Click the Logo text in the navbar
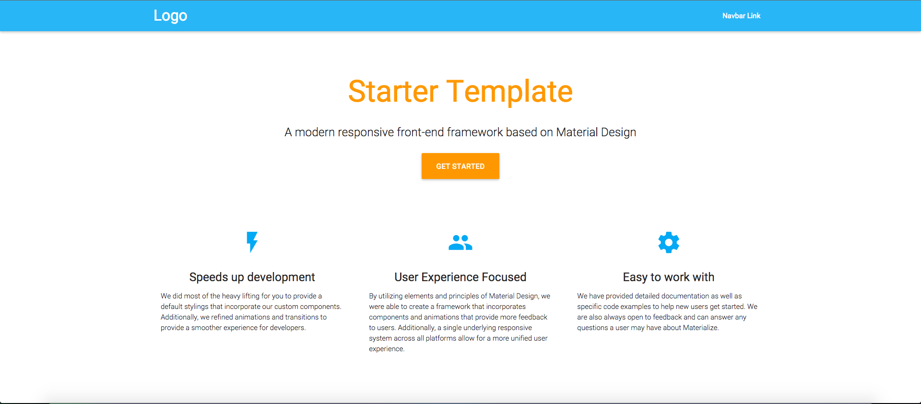point(170,16)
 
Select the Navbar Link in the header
point(741,16)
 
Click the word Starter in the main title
point(393,91)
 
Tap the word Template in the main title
point(509,92)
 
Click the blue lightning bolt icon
point(252,242)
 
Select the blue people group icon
point(460,242)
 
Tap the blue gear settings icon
point(669,242)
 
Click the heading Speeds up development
point(252,277)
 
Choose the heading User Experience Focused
point(460,277)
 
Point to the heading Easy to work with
point(669,277)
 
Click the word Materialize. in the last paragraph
point(701,328)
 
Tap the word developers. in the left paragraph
point(288,328)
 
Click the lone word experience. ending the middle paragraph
point(387,349)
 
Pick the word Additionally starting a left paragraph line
point(179,317)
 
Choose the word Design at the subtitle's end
point(618,133)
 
